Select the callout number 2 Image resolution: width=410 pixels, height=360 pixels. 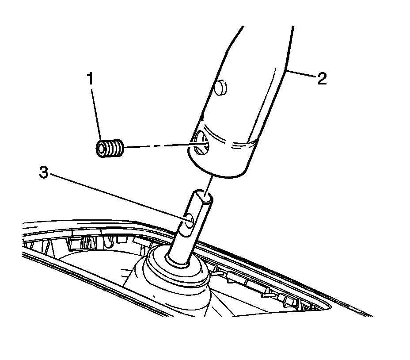point(321,79)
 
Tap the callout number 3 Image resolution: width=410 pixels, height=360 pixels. point(43,173)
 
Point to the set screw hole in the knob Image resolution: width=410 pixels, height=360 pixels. point(201,143)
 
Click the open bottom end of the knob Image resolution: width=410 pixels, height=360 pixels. point(216,170)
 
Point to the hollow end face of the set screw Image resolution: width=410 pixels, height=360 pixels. point(102,148)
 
